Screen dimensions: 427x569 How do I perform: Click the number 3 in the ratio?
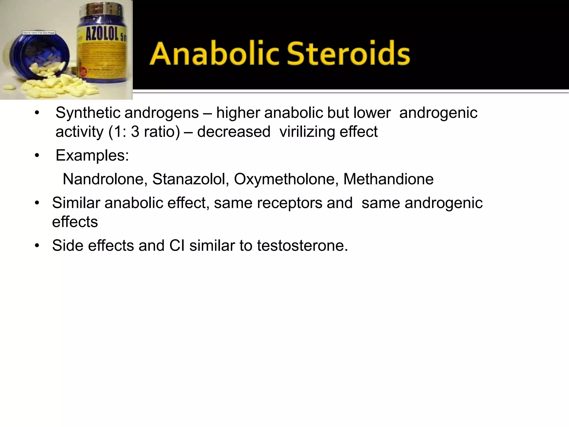pos(135,132)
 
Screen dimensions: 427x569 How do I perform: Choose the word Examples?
pos(92,155)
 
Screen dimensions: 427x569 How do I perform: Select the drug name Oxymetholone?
pos(286,179)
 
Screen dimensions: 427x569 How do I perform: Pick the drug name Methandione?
pos(388,179)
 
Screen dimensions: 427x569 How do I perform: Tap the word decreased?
pos(234,132)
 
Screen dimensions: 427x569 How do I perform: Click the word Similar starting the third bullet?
pos(76,203)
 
